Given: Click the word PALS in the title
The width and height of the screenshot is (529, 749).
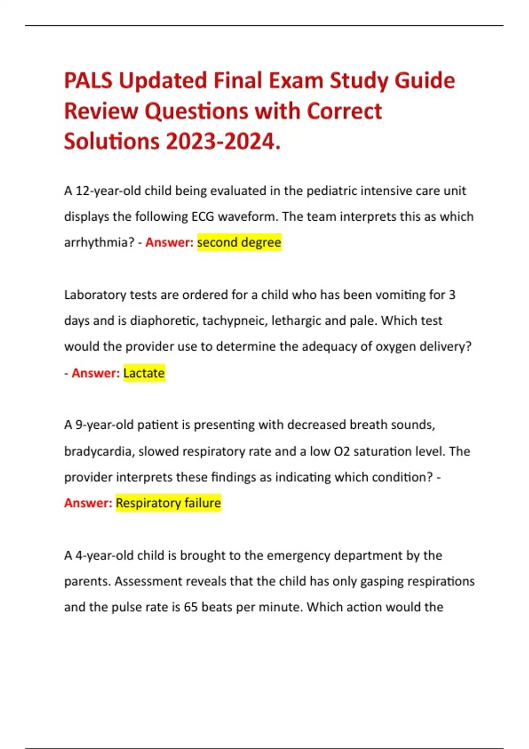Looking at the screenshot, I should (x=89, y=81).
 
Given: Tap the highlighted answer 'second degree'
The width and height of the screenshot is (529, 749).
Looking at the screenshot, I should (x=239, y=242).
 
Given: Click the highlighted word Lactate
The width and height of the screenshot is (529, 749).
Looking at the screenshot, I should (x=144, y=373).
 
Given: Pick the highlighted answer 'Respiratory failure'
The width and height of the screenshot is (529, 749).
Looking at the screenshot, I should (x=168, y=503).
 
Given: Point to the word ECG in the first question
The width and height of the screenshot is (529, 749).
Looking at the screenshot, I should (x=202, y=217).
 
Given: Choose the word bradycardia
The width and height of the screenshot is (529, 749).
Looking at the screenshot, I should (x=99, y=452).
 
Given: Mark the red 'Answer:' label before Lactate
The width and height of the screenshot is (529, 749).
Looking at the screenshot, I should (x=96, y=373).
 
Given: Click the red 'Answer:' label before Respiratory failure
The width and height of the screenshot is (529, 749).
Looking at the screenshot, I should (x=88, y=503).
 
